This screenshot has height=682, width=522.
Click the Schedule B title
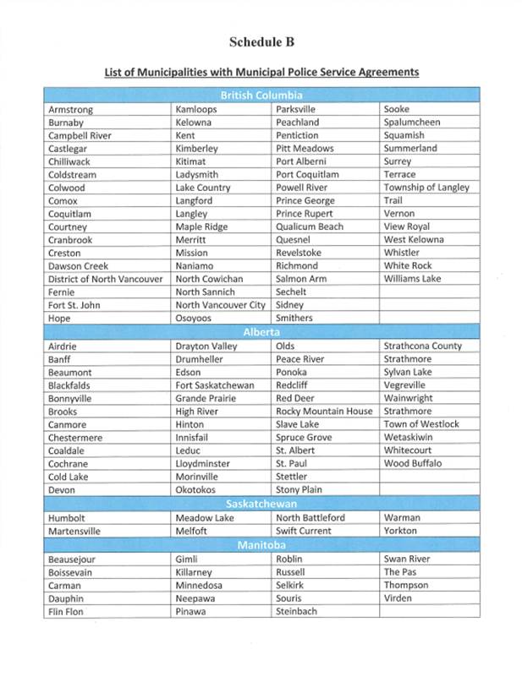click(261, 41)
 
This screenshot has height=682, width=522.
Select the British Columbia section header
click(261, 95)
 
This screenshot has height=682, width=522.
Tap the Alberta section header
click(261, 332)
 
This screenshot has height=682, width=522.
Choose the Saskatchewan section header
click(261, 504)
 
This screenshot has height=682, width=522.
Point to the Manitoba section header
click(261, 545)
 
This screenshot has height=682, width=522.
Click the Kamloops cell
click(196, 110)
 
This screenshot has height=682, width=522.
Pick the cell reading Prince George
click(305, 201)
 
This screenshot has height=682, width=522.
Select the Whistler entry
click(401, 253)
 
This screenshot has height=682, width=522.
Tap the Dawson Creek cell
click(79, 266)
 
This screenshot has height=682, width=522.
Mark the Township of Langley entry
click(426, 188)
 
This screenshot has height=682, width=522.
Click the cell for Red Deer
click(294, 398)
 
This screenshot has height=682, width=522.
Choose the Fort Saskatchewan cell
click(214, 385)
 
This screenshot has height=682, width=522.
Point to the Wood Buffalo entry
click(413, 463)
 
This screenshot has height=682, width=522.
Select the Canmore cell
click(68, 424)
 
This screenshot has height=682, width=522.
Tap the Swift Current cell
click(304, 531)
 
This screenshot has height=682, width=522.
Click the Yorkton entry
click(400, 531)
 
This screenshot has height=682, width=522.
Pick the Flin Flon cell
click(66, 611)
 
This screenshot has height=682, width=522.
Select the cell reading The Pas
click(400, 572)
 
